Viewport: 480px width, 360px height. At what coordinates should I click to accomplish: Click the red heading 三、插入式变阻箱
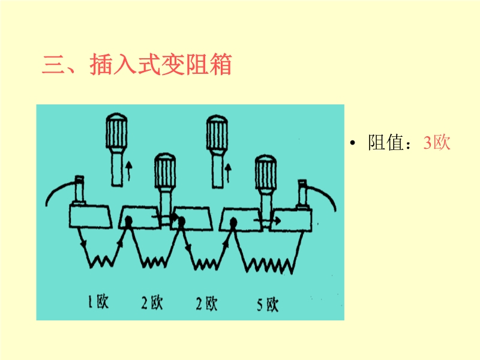[x=137, y=64]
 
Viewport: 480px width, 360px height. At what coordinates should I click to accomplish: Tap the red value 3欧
[x=437, y=143]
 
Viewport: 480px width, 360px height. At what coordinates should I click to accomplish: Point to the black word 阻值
[x=386, y=143]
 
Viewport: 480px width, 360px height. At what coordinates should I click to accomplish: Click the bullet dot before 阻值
[x=353, y=143]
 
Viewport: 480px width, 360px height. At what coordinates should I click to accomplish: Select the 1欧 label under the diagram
[x=98, y=302]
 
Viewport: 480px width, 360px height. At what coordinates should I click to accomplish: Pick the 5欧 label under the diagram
[x=268, y=305]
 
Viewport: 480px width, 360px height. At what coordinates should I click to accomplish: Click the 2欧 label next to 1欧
[x=152, y=302]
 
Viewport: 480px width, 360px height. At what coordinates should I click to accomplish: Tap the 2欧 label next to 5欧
[x=206, y=304]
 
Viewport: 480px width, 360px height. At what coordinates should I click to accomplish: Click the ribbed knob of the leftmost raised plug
[x=116, y=131]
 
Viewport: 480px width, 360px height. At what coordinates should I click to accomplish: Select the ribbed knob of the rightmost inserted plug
[x=266, y=172]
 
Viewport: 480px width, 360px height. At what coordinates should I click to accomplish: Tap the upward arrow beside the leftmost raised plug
[x=129, y=171]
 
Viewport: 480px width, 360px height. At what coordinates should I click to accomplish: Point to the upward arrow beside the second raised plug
[x=228, y=173]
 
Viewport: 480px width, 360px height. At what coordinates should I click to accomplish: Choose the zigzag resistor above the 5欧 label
[x=268, y=265]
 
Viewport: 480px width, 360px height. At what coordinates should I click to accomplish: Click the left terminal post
[x=79, y=190]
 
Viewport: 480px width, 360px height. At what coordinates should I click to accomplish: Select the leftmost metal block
[x=91, y=217]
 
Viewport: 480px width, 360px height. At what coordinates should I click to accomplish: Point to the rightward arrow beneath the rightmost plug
[x=267, y=221]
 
